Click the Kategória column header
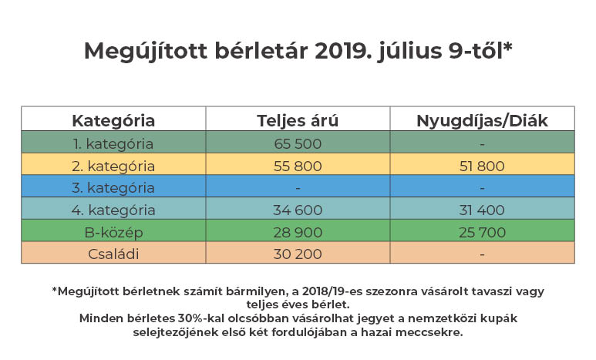tap(113, 120)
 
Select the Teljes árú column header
tap(298, 120)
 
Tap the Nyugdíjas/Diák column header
tap(482, 120)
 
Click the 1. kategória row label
tap(113, 143)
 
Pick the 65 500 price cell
tap(298, 143)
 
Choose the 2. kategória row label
tap(113, 166)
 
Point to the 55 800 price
tap(298, 166)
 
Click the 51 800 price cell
tap(482, 166)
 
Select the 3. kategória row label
tap(113, 187)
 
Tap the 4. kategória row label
tap(113, 210)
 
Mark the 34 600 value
tap(298, 210)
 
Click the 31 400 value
tap(482, 210)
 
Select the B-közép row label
tap(113, 231)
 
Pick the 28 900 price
tap(298, 231)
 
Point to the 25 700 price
tap(482, 231)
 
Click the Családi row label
tap(113, 253)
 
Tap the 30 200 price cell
tap(298, 253)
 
